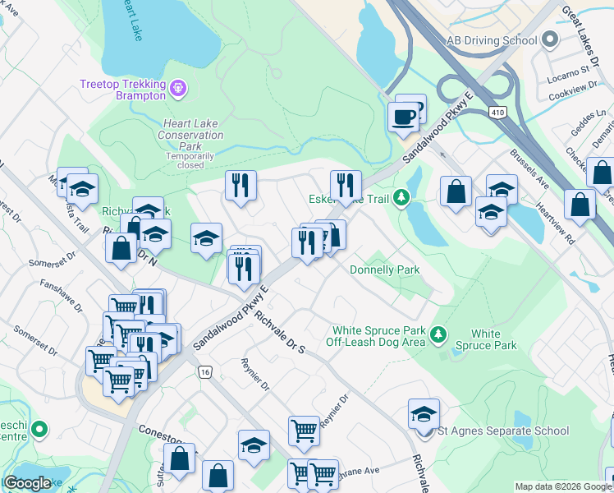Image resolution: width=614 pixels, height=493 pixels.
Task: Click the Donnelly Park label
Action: coord(384,270)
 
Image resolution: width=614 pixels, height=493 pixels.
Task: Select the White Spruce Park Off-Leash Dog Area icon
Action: coord(438,334)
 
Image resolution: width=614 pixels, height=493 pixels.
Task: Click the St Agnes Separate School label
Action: coord(503,431)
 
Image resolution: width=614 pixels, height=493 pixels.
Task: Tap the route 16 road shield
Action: coord(204,372)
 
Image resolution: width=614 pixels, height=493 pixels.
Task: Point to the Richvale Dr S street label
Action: coord(279,332)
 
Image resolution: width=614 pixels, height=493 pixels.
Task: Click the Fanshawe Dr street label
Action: coord(61,297)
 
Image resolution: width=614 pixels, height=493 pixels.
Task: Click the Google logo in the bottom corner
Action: coord(27,483)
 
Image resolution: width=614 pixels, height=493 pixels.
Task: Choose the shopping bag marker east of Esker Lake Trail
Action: coord(456,191)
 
